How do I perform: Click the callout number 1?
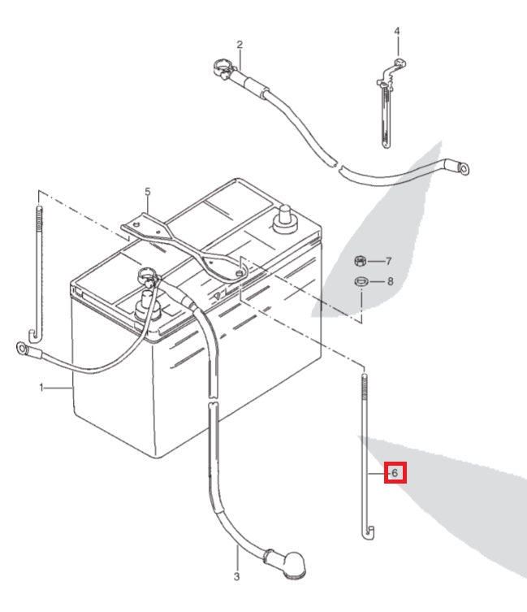(41, 388)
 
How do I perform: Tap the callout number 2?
(240, 43)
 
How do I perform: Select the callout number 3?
(236, 577)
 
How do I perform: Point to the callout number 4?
(397, 32)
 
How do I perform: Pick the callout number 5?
(148, 192)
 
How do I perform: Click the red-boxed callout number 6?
(395, 472)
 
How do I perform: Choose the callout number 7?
(389, 261)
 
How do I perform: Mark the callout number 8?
(390, 282)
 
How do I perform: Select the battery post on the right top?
(285, 218)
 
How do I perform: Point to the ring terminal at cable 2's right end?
(463, 169)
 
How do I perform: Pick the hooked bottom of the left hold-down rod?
(34, 333)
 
